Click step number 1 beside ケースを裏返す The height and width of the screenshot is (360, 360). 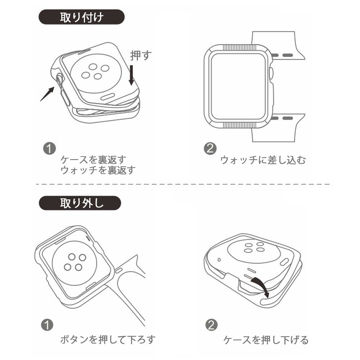click(x=49, y=149)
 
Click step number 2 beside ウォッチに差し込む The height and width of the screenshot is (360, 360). click(x=210, y=149)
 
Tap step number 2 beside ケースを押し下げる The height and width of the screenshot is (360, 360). click(x=211, y=325)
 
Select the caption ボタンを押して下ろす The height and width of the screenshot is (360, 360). click(x=107, y=339)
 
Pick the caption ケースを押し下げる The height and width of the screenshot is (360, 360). click(x=266, y=339)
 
